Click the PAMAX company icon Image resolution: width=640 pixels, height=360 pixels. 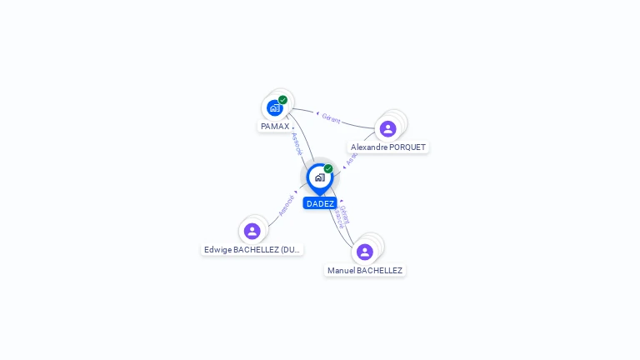click(275, 107)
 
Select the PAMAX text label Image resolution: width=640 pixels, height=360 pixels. click(275, 127)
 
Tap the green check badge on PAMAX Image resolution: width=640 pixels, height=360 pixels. click(283, 100)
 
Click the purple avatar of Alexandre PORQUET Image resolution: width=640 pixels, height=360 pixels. click(387, 128)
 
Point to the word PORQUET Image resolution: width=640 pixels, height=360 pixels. click(407, 147)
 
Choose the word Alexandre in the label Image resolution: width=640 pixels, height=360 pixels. click(369, 147)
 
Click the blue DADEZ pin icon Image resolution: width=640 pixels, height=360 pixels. click(319, 177)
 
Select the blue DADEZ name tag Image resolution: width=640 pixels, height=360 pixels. click(320, 203)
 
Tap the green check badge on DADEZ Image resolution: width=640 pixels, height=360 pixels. click(328, 169)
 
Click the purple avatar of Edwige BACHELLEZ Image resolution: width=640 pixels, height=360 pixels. click(252, 231)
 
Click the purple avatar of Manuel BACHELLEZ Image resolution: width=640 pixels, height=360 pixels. click(364, 252)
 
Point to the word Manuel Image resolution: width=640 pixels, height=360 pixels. click(341, 271)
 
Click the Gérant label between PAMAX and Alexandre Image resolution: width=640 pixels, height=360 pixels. click(331, 118)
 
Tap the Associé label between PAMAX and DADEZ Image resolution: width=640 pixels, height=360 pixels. click(297, 143)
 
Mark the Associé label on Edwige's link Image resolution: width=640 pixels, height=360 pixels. click(286, 205)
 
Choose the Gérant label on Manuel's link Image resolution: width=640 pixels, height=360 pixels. click(345, 213)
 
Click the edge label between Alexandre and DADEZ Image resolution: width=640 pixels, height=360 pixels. click(351, 159)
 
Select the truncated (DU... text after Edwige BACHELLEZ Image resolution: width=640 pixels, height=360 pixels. click(290, 250)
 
